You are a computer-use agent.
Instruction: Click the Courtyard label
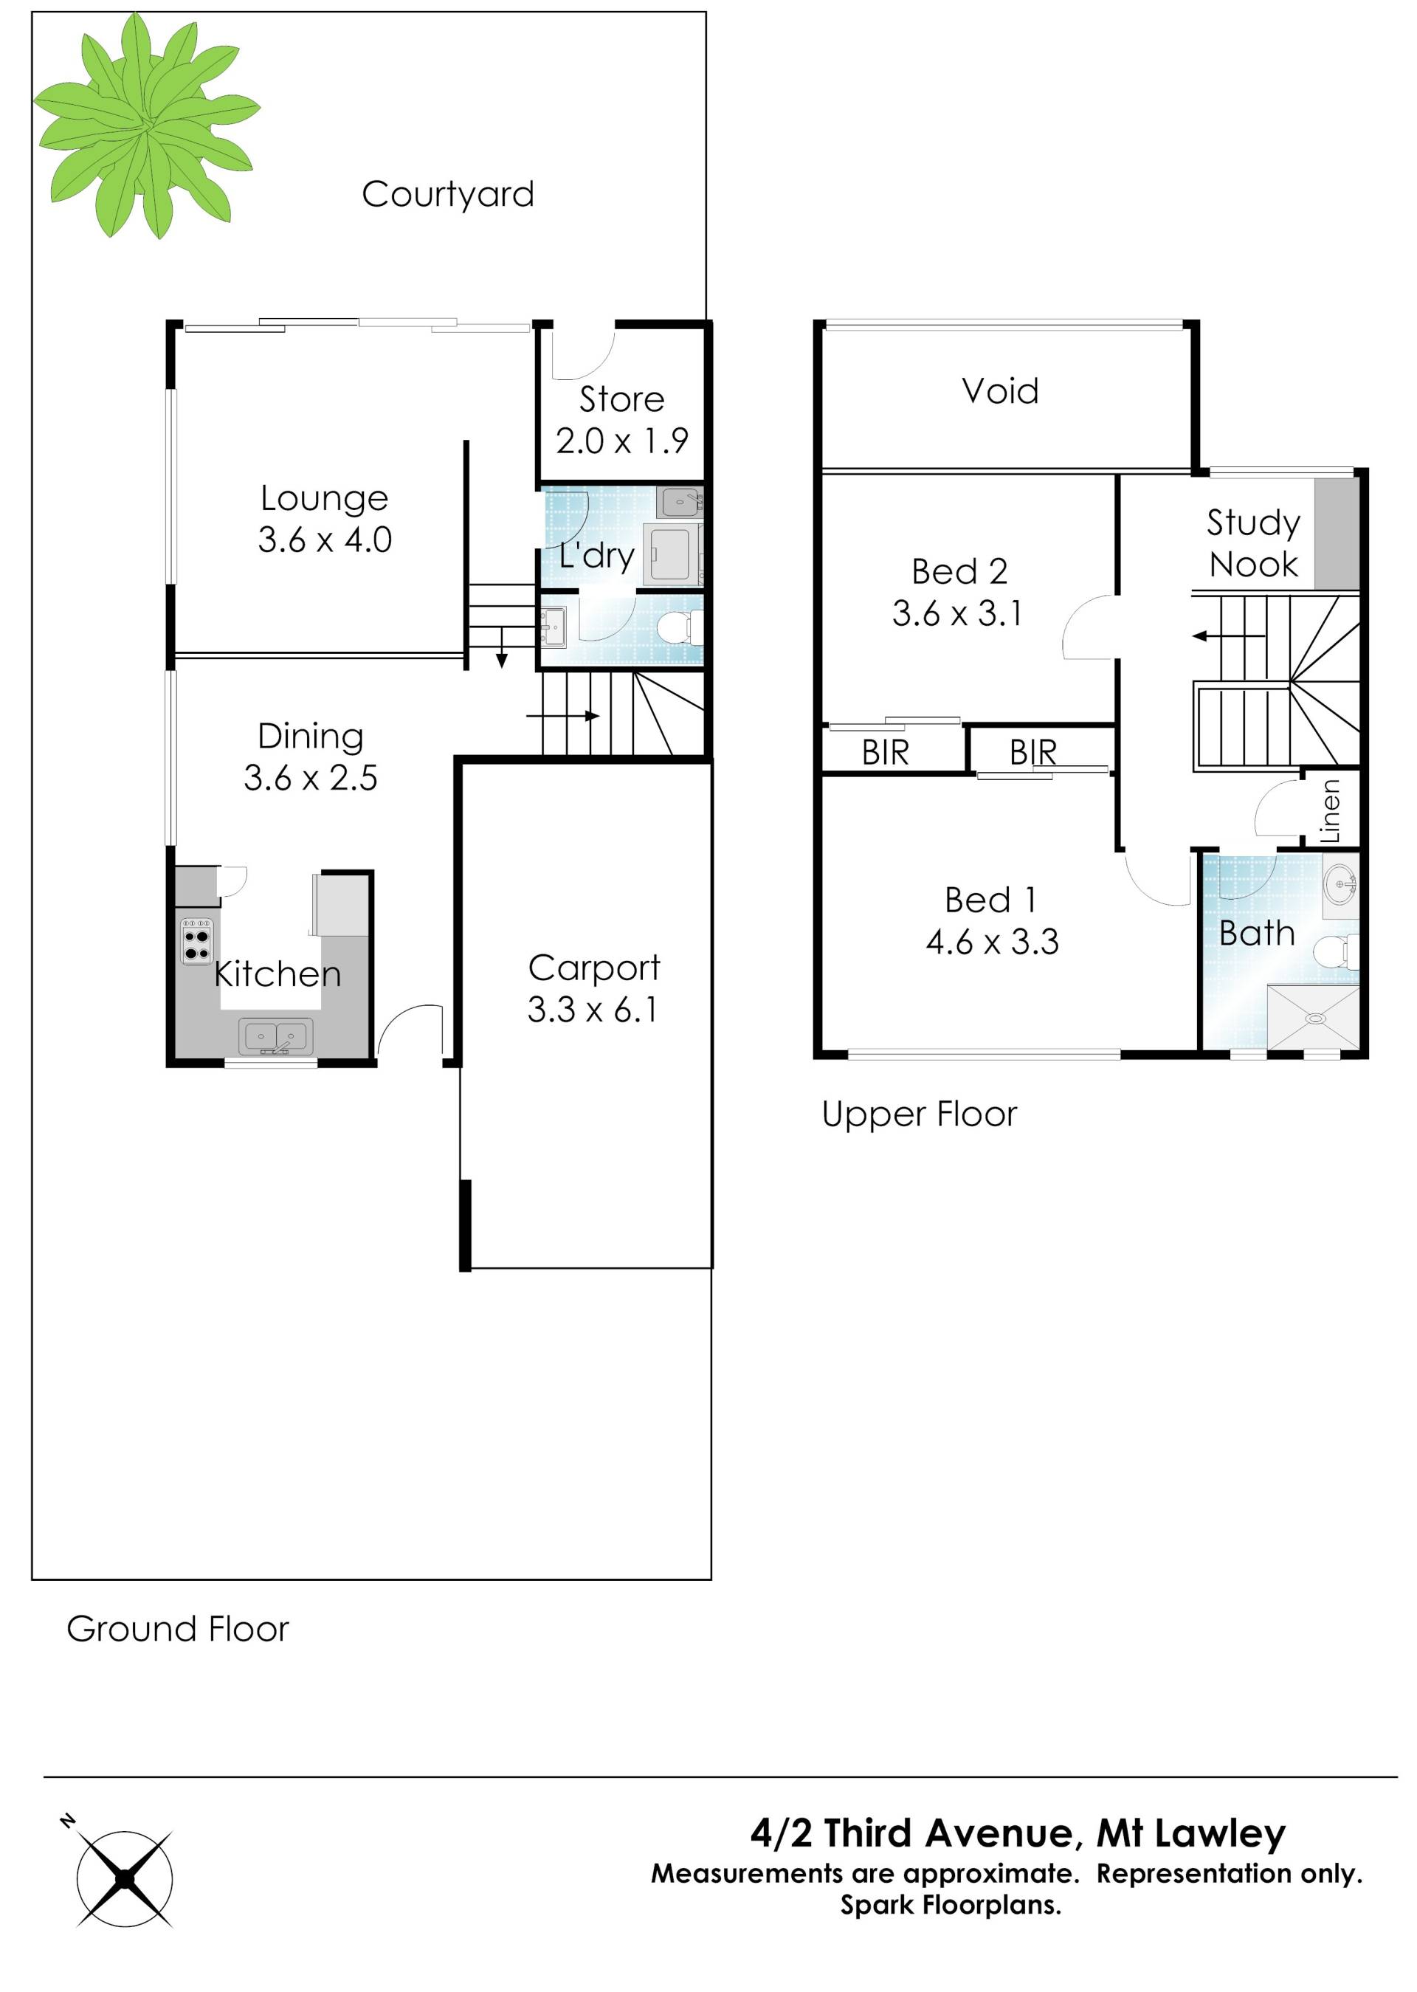tap(448, 195)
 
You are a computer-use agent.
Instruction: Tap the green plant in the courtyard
tap(147, 125)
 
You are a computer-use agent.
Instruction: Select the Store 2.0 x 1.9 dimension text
tap(622, 441)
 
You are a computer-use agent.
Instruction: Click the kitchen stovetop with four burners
tap(196, 940)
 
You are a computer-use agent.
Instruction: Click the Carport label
tap(594, 968)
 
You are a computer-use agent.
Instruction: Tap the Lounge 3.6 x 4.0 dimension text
tap(325, 540)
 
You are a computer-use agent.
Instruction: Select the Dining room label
tap(311, 737)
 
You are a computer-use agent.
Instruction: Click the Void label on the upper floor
tap(1000, 391)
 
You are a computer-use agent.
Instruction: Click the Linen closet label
tap(1330, 810)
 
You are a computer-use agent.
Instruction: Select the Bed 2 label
tap(959, 571)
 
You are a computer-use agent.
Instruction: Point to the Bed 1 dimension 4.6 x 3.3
tap(992, 942)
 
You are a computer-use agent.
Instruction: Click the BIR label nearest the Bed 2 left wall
tap(886, 752)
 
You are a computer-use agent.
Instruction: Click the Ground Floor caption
tap(177, 1629)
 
